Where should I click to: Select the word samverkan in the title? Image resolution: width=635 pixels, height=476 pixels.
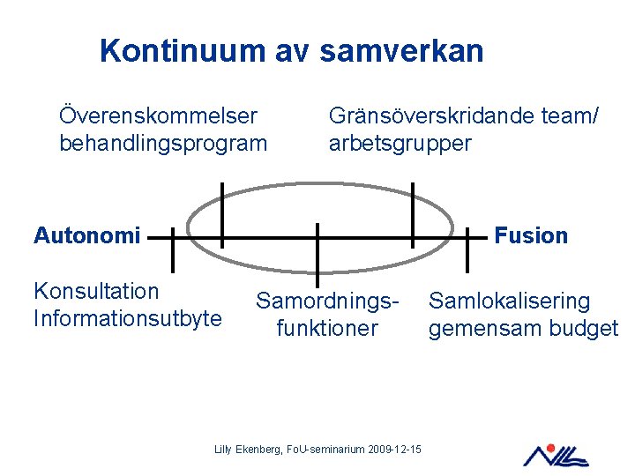(x=401, y=50)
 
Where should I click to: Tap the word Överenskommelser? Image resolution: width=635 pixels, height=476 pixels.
(x=158, y=115)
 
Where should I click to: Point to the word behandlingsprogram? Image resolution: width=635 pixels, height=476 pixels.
(x=162, y=143)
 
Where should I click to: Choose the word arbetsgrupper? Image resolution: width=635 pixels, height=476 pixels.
(x=400, y=143)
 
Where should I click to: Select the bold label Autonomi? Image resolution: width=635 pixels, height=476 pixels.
(x=86, y=235)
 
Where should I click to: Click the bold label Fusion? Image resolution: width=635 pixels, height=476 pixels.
(x=531, y=235)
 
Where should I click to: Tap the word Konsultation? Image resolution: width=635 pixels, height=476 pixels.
(x=96, y=291)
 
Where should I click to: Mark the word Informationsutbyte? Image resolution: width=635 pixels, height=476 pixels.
(x=127, y=317)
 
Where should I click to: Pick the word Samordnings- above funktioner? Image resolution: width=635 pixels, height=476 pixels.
(x=328, y=301)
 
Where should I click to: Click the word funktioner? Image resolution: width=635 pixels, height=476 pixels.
(x=327, y=329)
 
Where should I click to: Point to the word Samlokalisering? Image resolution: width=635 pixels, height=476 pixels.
(x=509, y=301)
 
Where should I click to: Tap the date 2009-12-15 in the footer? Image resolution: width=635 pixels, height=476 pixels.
(x=393, y=450)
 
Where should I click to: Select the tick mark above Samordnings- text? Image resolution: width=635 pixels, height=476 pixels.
(x=317, y=249)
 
